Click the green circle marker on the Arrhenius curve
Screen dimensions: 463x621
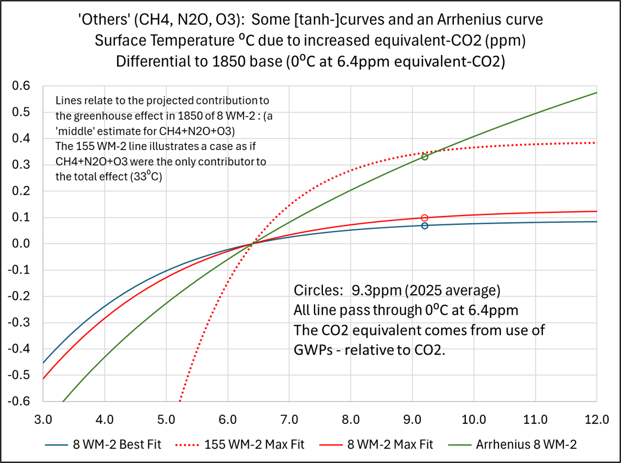coord(425,157)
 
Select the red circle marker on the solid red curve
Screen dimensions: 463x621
coord(425,218)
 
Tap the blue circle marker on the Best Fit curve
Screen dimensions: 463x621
coord(425,225)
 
